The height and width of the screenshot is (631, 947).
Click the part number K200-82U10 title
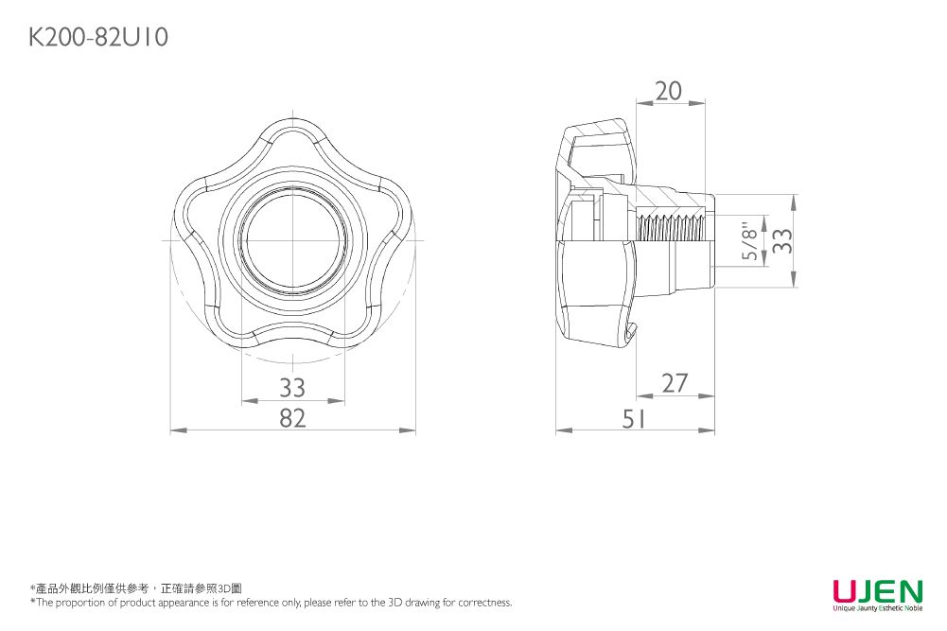[99, 38]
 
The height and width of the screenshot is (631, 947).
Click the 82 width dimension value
[292, 417]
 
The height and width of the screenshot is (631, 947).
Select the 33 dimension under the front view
[292, 388]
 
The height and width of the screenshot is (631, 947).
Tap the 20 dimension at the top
[668, 91]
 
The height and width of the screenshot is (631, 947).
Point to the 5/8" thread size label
[750, 242]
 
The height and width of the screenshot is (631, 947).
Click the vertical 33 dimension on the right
[780, 241]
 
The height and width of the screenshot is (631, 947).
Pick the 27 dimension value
[675, 383]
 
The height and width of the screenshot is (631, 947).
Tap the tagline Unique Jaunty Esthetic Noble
[877, 607]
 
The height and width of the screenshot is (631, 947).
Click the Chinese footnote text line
[136, 588]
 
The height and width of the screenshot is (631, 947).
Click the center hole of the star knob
[292, 240]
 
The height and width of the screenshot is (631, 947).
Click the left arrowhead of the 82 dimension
[174, 431]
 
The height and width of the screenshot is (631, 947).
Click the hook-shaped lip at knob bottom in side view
[632, 333]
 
